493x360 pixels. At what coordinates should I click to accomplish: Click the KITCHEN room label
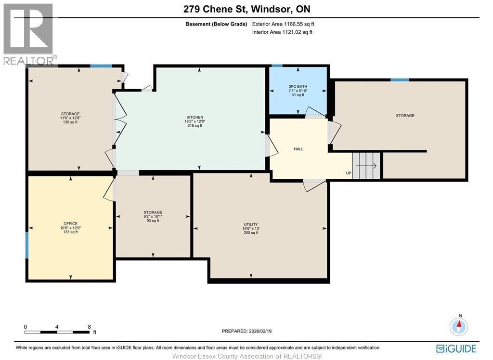[195, 117]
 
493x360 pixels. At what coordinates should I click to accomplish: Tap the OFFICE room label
[70, 224]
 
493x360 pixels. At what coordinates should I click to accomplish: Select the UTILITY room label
[251, 225]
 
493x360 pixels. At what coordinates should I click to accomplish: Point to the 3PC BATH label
[298, 87]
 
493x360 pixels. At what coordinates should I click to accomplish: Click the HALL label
[298, 149]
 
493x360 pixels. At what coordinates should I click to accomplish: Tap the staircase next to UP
[366, 165]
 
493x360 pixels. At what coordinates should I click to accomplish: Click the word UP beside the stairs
[349, 173]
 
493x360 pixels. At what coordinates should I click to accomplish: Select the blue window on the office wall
[27, 245]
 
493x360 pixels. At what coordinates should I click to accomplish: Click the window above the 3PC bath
[277, 66]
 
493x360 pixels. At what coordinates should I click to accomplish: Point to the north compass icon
[459, 326]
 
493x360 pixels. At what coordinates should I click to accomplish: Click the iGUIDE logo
[456, 348]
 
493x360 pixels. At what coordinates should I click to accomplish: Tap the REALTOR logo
[28, 34]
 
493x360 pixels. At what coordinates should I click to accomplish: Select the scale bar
[57, 332]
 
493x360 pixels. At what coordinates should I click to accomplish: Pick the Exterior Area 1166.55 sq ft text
[283, 24]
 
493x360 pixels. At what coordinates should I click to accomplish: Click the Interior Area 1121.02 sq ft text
[282, 32]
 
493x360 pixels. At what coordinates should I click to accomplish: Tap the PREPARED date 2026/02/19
[247, 331]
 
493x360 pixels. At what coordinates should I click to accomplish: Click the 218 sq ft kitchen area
[195, 126]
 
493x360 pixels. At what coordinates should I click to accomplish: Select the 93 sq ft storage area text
[153, 221]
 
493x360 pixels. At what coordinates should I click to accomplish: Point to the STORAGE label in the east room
[405, 116]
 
